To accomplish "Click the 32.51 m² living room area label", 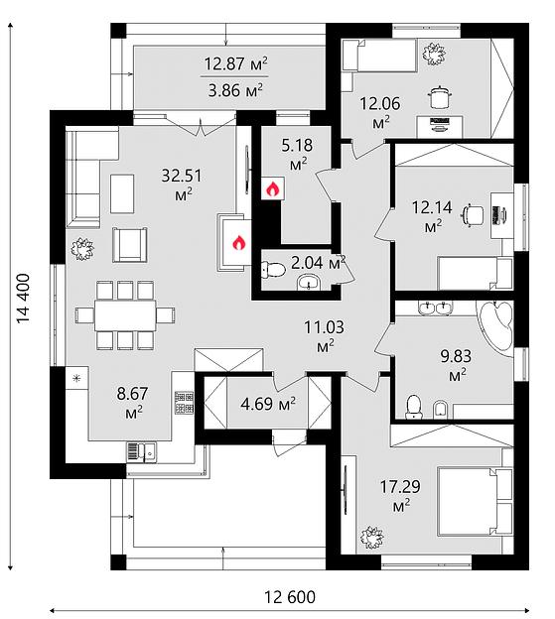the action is point(182,184).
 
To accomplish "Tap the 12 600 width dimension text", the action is point(290,597).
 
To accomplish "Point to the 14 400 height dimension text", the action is point(23,299).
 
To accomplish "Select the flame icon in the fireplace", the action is point(238,243).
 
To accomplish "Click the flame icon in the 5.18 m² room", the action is point(272,188).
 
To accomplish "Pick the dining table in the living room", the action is point(125,315).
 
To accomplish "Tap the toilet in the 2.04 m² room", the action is point(273,269).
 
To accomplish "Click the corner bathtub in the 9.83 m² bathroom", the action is point(495,325).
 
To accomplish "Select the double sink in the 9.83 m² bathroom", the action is point(435,308).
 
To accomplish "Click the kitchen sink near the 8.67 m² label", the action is point(141,451).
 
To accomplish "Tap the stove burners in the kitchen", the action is point(184,403).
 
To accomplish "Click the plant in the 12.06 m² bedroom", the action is point(434,54).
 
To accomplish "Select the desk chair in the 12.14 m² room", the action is point(472,215).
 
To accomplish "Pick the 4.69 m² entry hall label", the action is point(268,404).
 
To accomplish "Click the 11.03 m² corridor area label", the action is point(324,335).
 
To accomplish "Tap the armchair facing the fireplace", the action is point(129,245).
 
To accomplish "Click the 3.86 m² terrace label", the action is point(235,91).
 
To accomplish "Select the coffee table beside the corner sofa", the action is point(122,193).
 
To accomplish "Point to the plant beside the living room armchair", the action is point(82,249).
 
